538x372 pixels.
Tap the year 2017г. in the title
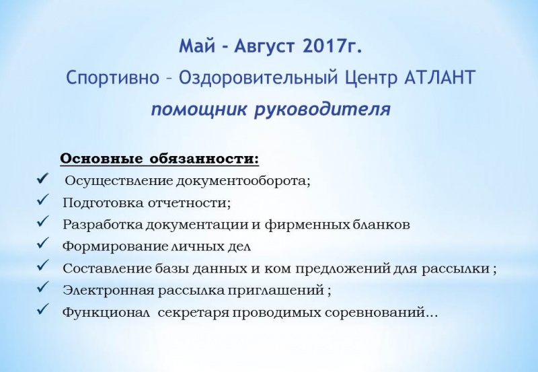[x=332, y=46]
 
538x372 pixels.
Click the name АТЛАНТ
[x=439, y=77]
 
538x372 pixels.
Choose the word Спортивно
[x=112, y=78]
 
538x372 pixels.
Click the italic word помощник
[x=199, y=110]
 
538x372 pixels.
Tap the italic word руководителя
[x=322, y=110]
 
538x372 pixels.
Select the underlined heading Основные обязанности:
[x=159, y=159]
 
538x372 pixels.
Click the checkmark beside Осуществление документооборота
[x=43, y=178]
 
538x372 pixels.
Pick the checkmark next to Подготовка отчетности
[x=43, y=200]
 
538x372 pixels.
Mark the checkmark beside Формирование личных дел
[x=43, y=244]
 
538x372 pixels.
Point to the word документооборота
[x=243, y=181]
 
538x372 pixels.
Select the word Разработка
[x=103, y=225]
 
